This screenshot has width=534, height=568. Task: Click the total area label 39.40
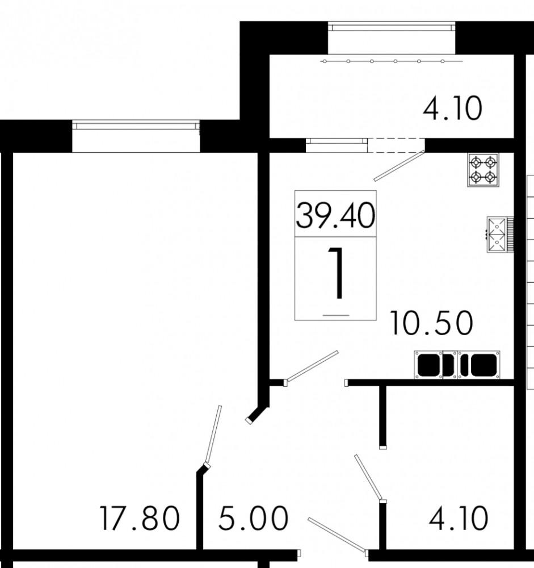[335, 215]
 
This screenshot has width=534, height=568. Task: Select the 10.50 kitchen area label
[431, 323]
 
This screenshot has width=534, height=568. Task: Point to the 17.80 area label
[140, 519]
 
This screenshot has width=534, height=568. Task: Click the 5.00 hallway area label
[254, 519]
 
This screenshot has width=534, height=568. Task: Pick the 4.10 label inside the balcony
[452, 108]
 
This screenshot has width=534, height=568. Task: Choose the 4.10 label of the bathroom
[459, 519]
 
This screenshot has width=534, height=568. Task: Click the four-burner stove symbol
[483, 170]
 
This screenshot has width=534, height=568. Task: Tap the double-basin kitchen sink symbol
[500, 235]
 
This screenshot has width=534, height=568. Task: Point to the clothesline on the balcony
[392, 61]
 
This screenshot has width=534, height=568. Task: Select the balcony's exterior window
[392, 27]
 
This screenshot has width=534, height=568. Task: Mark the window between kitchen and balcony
[337, 145]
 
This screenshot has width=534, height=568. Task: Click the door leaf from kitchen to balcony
[399, 165]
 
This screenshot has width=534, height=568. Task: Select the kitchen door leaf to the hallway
[312, 366]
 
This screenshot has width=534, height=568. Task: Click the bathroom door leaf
[369, 478]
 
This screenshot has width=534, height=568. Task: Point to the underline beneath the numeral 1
[335, 315]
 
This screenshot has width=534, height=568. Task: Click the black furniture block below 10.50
[457, 365]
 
